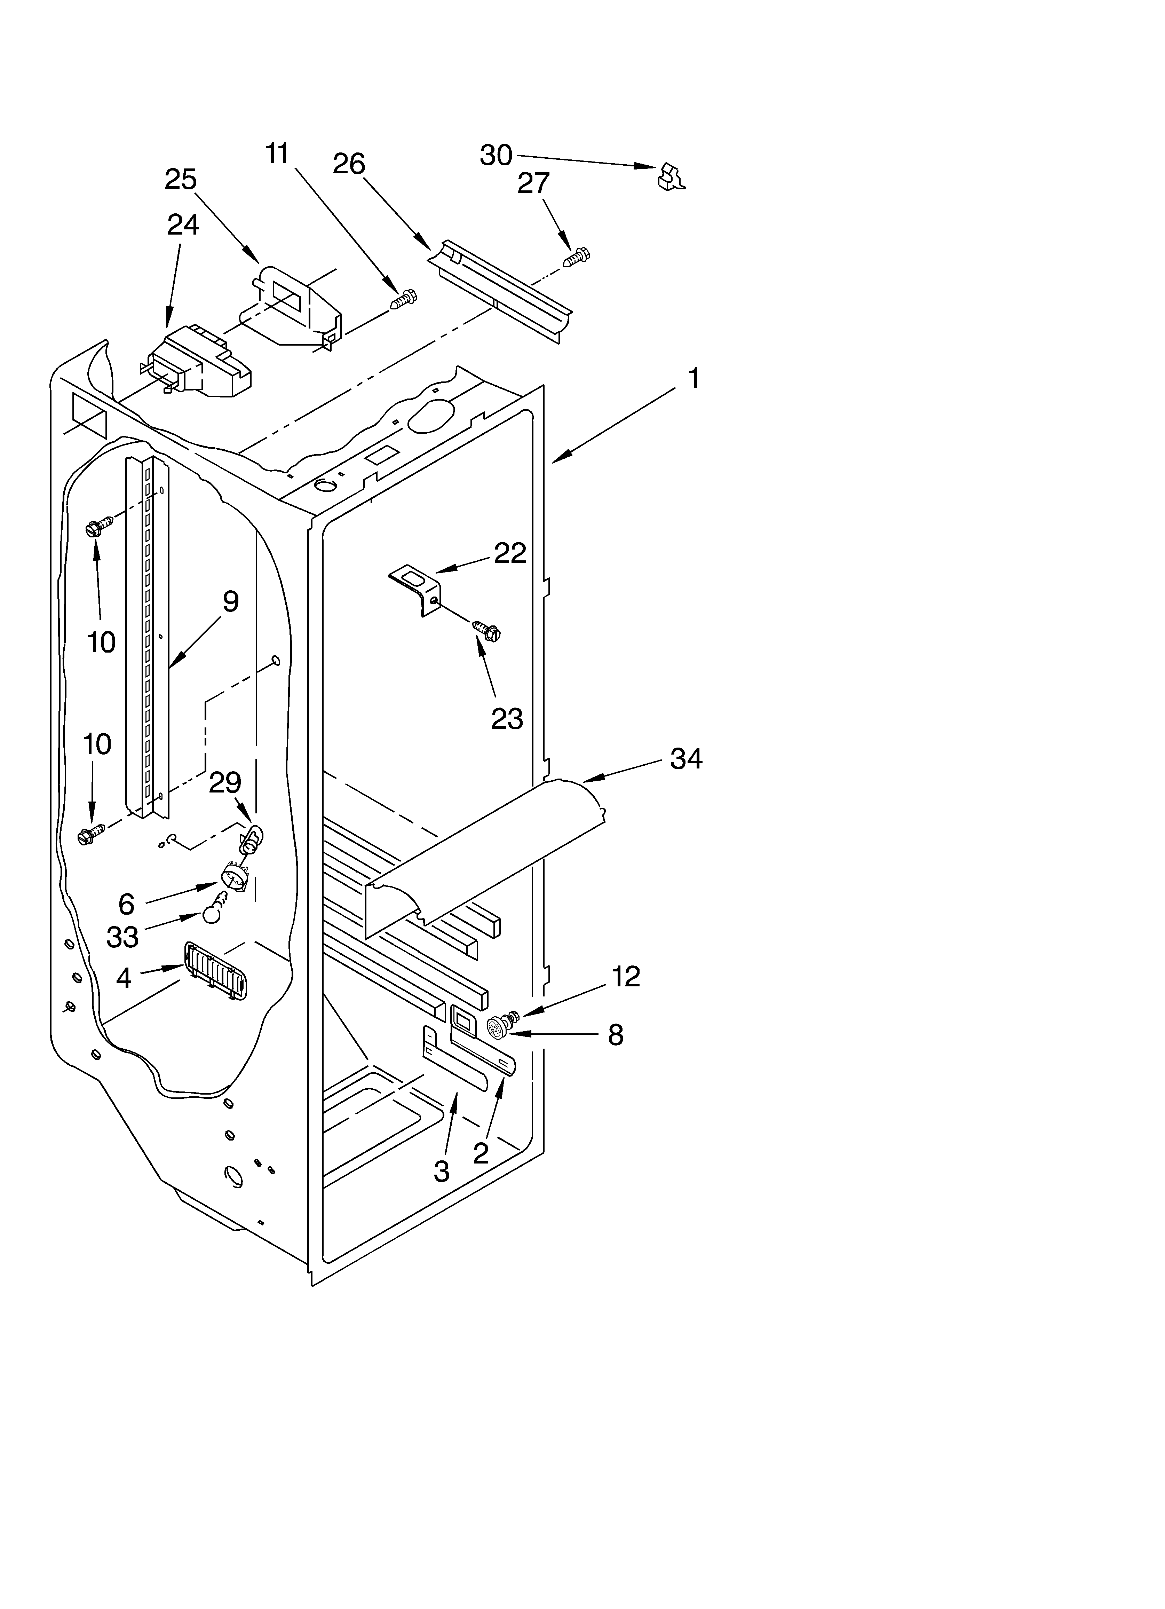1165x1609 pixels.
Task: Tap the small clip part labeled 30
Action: point(671,178)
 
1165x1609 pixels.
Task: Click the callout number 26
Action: point(349,164)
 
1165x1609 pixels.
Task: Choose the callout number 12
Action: point(625,977)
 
